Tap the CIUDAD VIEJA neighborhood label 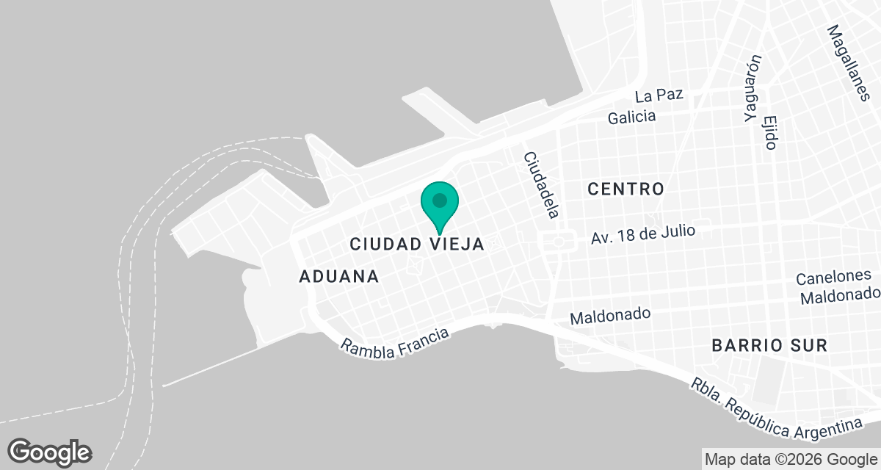tap(417, 244)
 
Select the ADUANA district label tap(339, 277)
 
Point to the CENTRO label tap(626, 189)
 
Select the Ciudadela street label tap(541, 185)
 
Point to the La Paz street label tap(659, 95)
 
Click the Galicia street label tap(631, 117)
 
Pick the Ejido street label tap(769, 132)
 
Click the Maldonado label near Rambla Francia tap(610, 316)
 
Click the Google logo tap(49, 452)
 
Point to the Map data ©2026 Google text tap(791, 460)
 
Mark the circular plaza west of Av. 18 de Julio tap(558, 241)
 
